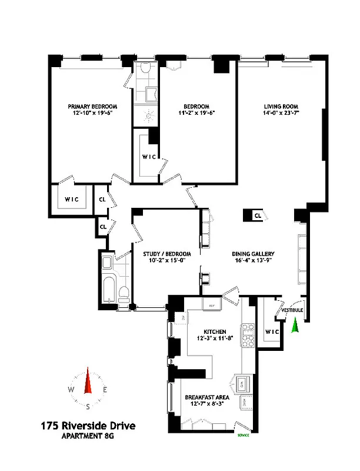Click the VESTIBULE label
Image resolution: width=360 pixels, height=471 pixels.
coord(292,310)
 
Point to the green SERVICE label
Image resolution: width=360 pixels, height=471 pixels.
coord(243,435)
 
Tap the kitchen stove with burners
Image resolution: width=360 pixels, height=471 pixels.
coord(248,335)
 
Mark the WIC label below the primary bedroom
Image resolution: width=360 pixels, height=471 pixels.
coord(71,199)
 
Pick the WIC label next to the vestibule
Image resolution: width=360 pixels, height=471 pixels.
coord(272,331)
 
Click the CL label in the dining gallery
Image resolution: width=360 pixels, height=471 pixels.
coord(257,216)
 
